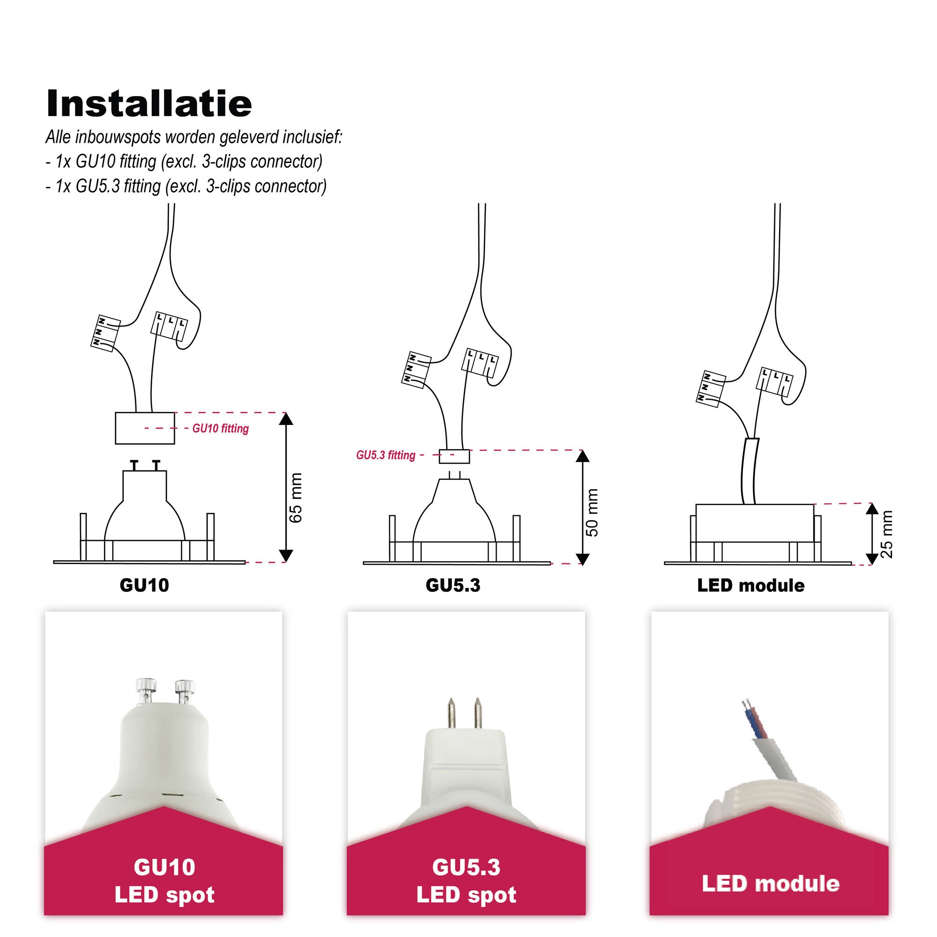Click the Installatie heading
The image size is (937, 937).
coord(149,103)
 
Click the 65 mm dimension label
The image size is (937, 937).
coord(295,498)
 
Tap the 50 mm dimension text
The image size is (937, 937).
coord(593,512)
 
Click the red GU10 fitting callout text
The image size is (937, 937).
coord(221,428)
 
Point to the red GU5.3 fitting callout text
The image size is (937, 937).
coord(386,455)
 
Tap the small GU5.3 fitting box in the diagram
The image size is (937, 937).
coord(454,456)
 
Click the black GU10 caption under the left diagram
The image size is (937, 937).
coord(144,585)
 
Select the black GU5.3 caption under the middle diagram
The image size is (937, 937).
coord(453,585)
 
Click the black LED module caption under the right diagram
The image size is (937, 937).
coord(751,585)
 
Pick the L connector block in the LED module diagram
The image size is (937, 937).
coord(774,381)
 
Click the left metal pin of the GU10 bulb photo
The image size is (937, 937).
coord(146,690)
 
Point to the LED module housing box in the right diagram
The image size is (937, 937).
coord(755,523)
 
